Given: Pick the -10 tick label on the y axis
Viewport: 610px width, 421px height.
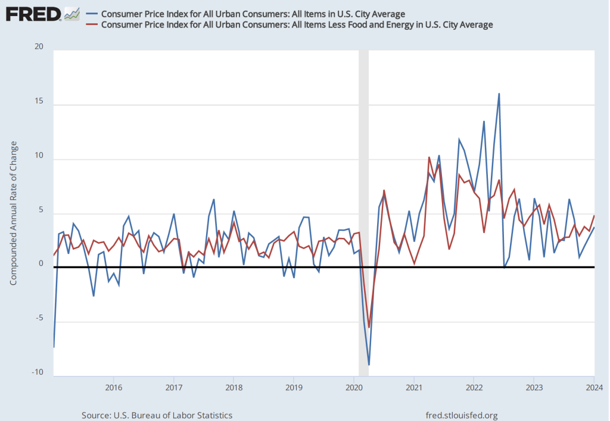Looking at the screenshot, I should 38,373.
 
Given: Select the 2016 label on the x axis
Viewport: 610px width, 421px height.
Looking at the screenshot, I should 113,388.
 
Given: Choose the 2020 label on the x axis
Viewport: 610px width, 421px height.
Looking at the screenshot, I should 354,388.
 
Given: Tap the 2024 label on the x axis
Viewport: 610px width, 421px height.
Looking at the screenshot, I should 594,388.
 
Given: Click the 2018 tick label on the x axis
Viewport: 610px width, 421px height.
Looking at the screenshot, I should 234,388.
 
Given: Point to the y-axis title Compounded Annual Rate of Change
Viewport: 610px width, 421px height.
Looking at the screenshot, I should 14,214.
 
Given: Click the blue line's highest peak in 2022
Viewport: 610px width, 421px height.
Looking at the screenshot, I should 499,94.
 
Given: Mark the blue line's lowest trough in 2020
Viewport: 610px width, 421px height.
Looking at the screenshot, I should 369,365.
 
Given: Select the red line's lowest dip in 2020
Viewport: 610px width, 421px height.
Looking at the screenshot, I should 369,327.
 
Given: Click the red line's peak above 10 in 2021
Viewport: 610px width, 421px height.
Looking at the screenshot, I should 429,158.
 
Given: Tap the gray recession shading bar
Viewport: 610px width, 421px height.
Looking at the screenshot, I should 363,178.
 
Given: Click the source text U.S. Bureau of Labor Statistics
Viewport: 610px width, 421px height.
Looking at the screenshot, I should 156,415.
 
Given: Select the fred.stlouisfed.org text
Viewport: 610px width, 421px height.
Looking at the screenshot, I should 462,415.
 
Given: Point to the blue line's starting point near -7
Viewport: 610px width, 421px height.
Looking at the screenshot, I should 54,347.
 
